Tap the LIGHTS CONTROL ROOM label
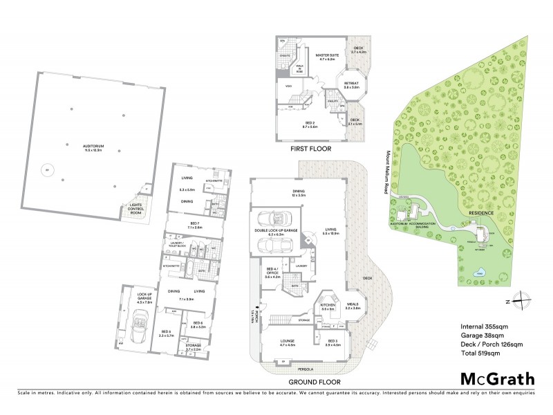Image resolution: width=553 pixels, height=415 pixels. click(131, 209)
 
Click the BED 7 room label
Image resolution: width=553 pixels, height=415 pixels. click(194, 224)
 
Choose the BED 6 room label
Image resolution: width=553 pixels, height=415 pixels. click(198, 324)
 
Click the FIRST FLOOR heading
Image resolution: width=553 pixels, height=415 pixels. click(310, 149)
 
